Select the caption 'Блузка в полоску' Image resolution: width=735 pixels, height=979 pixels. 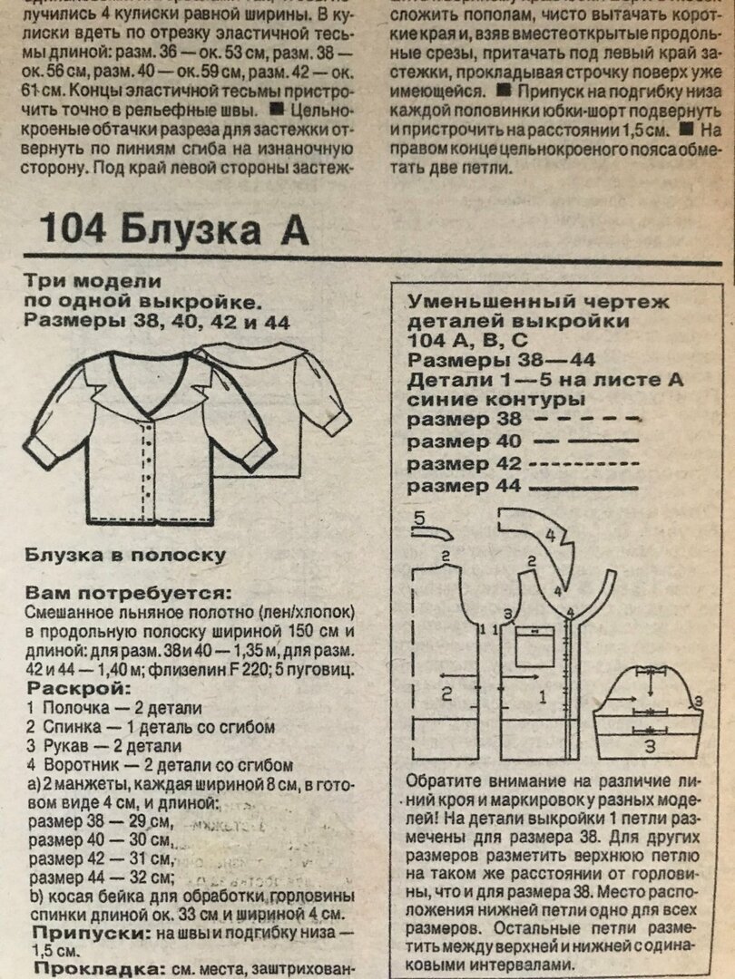click(x=125, y=554)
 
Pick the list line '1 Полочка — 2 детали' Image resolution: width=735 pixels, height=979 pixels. click(x=114, y=708)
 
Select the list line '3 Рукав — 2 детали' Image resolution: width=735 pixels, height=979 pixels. click(x=104, y=746)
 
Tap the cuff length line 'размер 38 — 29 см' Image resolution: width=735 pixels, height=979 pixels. click(x=100, y=822)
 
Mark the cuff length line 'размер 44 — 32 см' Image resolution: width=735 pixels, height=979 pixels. click(x=101, y=877)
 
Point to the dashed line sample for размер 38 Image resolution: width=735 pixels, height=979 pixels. click(x=588, y=420)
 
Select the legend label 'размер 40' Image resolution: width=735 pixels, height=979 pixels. click(x=464, y=441)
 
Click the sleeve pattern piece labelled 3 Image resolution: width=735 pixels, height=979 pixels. click(x=650, y=712)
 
